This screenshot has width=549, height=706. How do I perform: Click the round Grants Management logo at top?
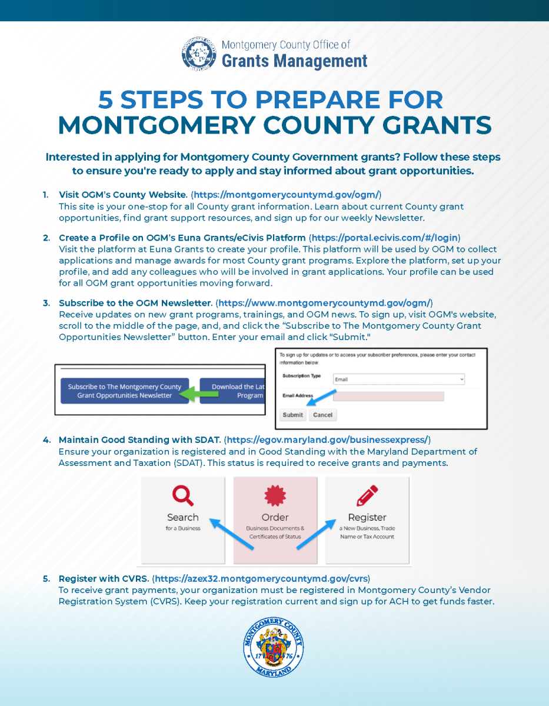[199, 54]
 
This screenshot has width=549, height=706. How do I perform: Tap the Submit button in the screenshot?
[292, 415]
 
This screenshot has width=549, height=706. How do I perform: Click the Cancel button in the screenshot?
[322, 415]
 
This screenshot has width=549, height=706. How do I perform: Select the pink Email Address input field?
[388, 397]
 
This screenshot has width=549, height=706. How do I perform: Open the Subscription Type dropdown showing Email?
[399, 379]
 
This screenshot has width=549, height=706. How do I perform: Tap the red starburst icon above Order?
[275, 495]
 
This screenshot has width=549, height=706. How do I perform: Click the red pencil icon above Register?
[367, 495]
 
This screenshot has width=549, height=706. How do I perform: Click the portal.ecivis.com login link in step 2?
[384, 238]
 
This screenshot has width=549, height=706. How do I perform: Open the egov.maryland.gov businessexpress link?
[328, 439]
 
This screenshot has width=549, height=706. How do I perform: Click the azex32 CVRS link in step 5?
[261, 578]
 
